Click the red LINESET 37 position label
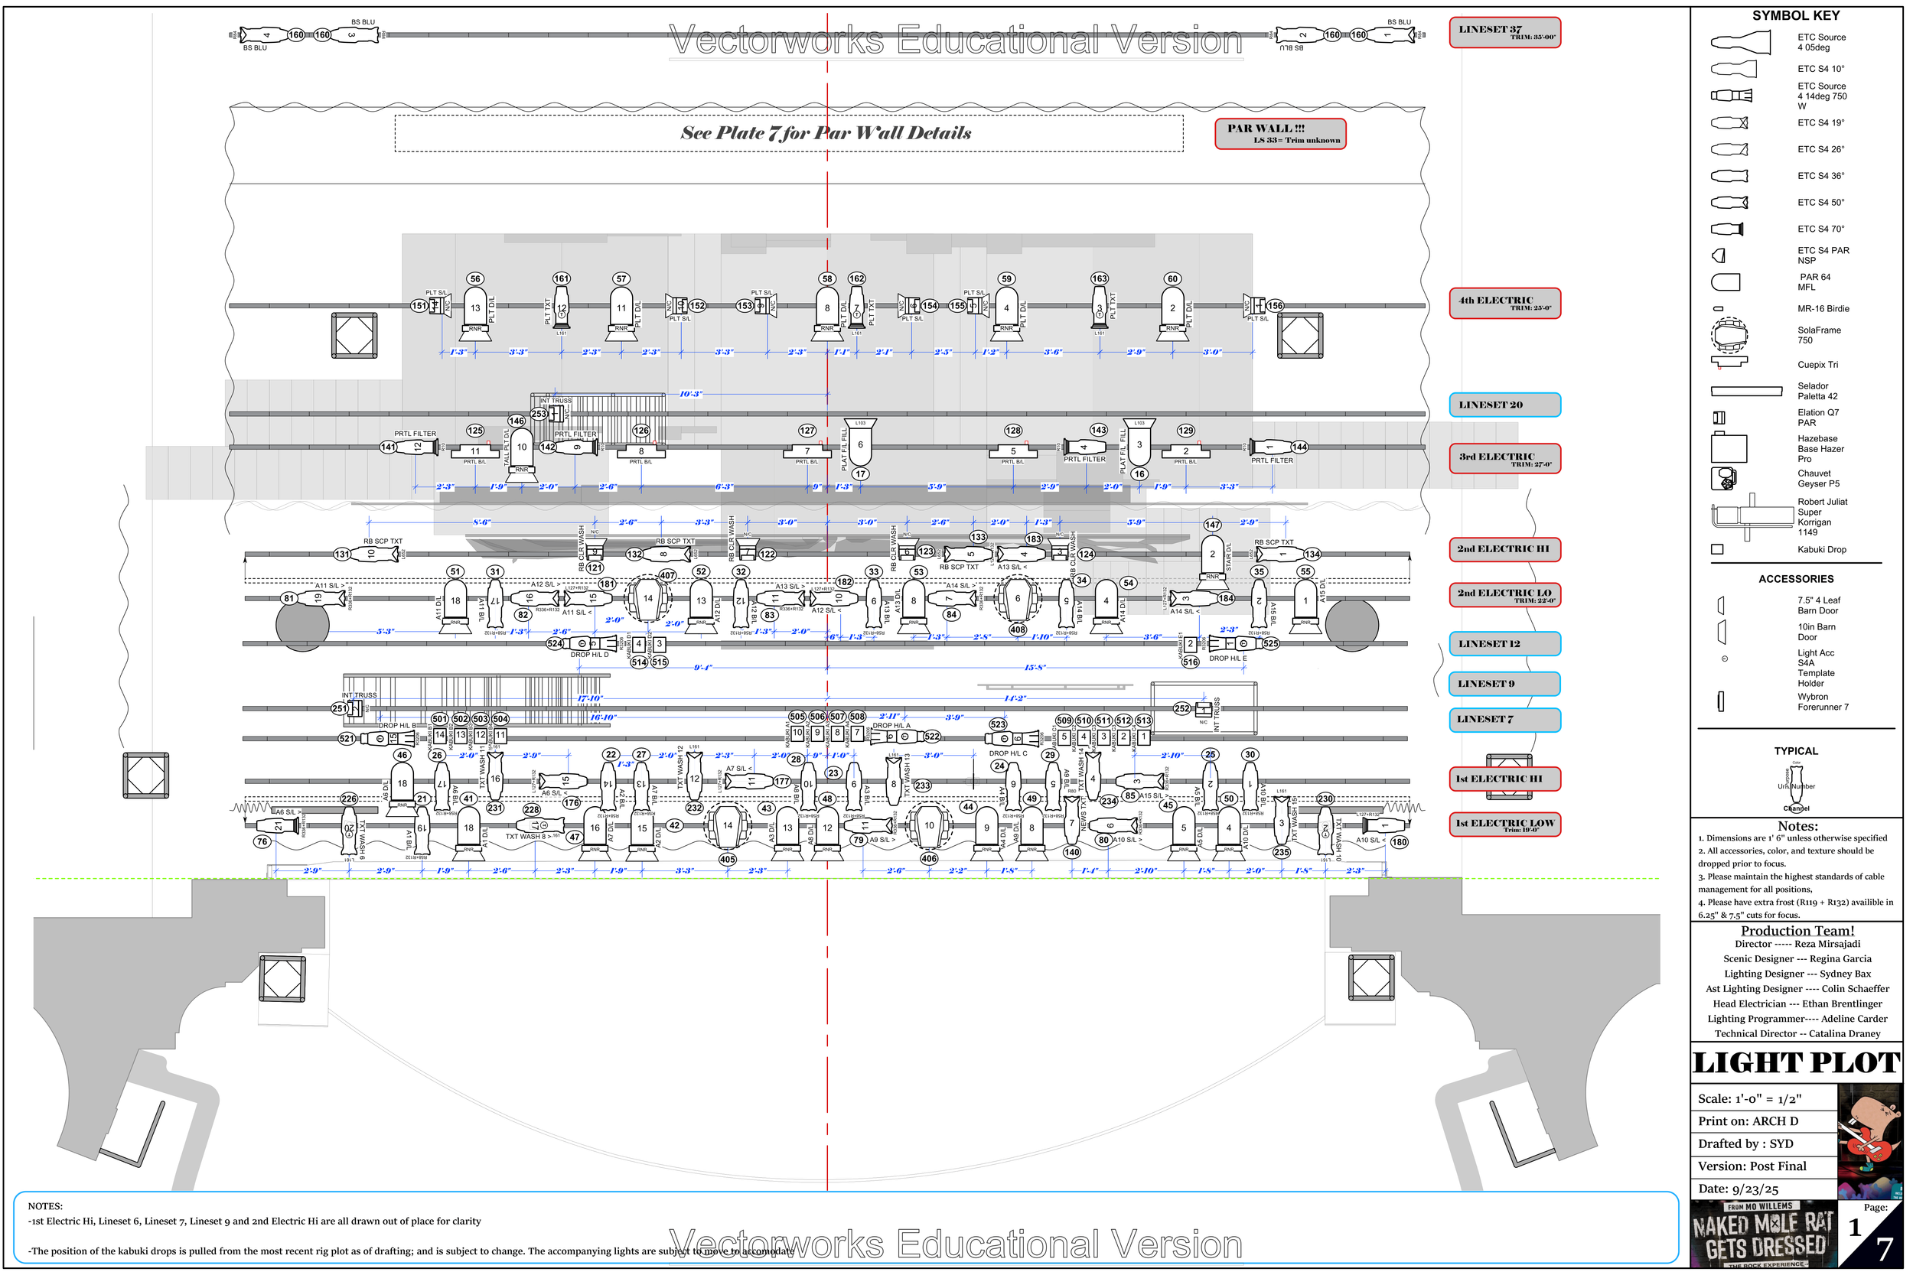1504,33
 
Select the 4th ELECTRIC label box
1504,304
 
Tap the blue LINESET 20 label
1504,405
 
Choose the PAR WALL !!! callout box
1279,133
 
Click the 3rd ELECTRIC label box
1504,459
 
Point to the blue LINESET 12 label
1504,644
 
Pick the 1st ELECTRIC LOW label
1504,824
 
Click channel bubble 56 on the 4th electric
476,279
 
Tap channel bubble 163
1099,279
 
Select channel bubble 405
727,860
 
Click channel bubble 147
1212,525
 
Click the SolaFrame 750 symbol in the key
1729,334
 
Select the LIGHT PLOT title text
1796,1063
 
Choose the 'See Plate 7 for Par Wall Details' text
826,133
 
